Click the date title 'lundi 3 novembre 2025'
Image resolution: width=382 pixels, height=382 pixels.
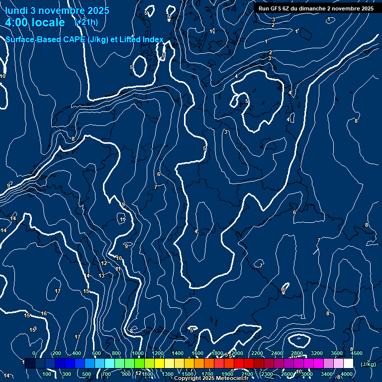(57, 11)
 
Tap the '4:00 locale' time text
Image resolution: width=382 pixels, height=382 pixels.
(35, 22)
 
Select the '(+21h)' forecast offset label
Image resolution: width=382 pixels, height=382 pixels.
(86, 22)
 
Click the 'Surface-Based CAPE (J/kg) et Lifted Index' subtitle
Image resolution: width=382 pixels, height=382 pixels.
(85, 39)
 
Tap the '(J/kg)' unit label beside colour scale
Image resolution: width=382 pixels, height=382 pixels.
(368, 364)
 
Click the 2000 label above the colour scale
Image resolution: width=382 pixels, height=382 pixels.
(237, 353)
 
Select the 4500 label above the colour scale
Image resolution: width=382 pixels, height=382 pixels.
(357, 353)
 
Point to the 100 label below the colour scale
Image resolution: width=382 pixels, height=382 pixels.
(47, 374)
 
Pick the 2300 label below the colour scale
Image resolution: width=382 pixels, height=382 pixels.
(267, 374)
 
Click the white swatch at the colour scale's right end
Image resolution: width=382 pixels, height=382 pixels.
(348, 364)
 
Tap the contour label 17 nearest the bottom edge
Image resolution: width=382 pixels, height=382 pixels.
(77, 337)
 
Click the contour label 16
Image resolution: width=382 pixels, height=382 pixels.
(44, 313)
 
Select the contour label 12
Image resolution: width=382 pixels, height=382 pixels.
(104, 264)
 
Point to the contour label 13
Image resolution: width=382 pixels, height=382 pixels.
(101, 276)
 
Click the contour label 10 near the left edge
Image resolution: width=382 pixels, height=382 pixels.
(2, 76)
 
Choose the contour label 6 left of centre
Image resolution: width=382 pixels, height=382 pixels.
(159, 174)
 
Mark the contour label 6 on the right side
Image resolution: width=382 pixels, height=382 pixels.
(294, 212)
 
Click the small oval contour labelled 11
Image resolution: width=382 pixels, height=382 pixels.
(122, 219)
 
